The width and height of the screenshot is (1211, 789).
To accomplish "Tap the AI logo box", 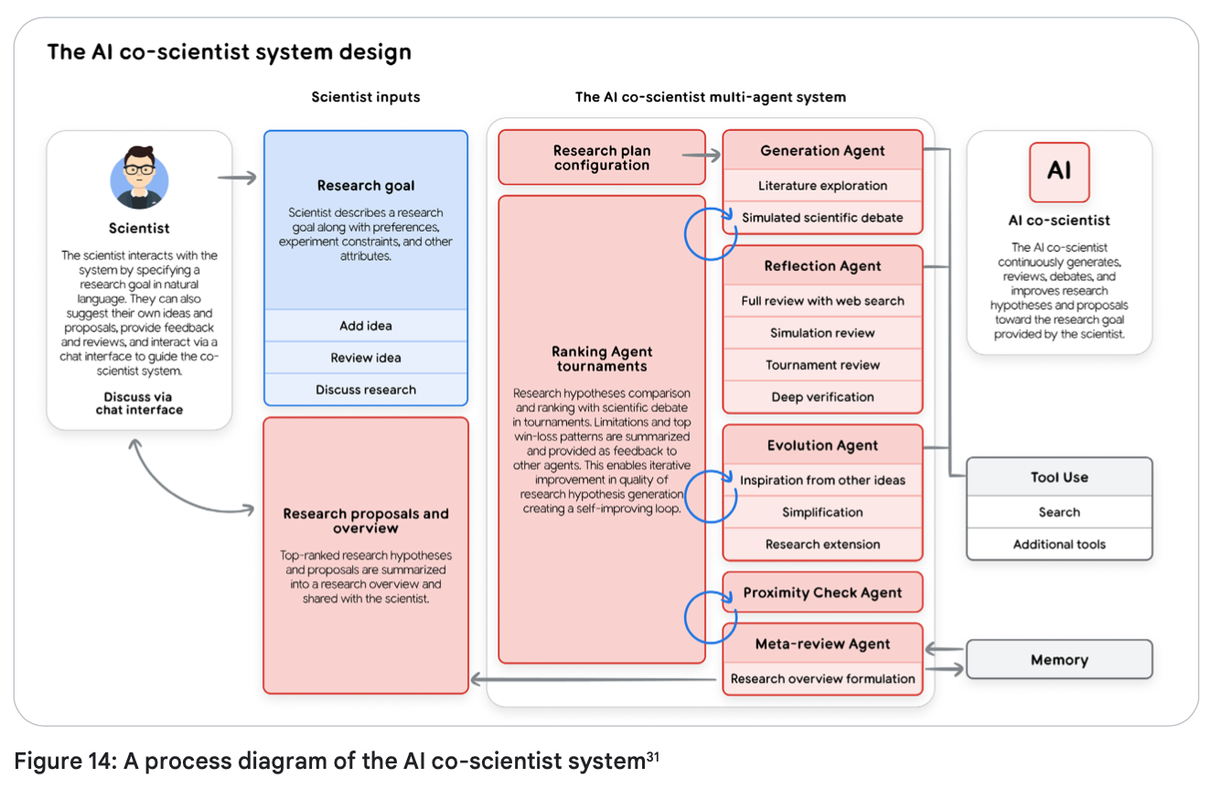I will click(x=1059, y=171).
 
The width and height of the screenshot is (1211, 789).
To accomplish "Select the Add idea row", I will click(x=366, y=326).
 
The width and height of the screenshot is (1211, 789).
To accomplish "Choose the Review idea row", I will click(x=366, y=358).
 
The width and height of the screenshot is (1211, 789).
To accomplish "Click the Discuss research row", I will click(x=366, y=390).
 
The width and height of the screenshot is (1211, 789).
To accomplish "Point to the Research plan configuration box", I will click(x=601, y=157).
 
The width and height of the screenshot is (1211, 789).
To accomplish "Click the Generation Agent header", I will click(x=822, y=151).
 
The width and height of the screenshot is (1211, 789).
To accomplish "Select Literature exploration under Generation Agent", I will click(x=822, y=186).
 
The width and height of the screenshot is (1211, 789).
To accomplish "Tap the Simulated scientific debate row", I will click(x=822, y=218).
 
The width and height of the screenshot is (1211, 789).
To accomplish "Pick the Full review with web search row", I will click(x=822, y=301).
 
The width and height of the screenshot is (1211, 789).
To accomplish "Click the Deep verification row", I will click(x=822, y=397).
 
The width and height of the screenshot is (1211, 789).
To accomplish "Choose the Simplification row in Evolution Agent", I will click(x=822, y=513).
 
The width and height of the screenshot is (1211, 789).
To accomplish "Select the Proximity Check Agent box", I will click(x=822, y=593).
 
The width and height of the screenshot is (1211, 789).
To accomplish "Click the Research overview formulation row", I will click(x=822, y=679).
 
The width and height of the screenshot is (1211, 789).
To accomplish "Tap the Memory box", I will click(x=1059, y=660).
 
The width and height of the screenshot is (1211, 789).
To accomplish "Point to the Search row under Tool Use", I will click(x=1059, y=513).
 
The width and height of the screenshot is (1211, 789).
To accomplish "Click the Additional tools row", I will click(x=1059, y=545).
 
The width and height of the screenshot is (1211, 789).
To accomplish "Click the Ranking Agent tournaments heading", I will click(x=601, y=359).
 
